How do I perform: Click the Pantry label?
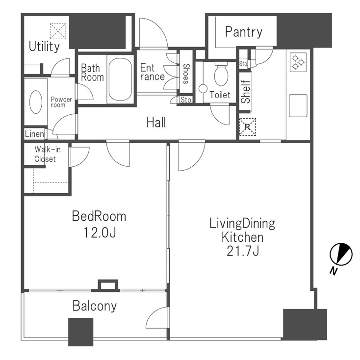[243, 32]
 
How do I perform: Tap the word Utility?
[44, 47]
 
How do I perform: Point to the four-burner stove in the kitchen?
[298, 61]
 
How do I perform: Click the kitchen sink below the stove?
[298, 105]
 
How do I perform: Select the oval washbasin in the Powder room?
[36, 102]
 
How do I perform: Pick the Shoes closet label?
[186, 74]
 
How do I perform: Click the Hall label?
[156, 122]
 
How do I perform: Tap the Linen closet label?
[34, 134]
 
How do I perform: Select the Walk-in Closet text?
[45, 154]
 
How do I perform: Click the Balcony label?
[95, 306]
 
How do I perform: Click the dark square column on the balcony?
[80, 332]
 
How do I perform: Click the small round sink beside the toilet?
[203, 89]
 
